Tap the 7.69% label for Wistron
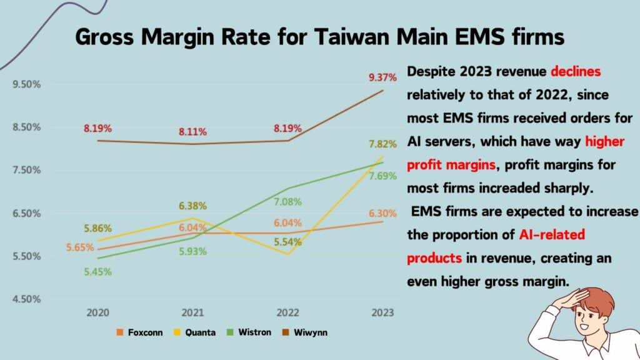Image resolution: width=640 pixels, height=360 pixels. pyautogui.click(x=382, y=176)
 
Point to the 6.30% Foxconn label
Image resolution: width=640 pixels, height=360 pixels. pyautogui.click(x=382, y=213)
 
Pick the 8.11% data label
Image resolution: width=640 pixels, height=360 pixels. pyautogui.click(x=193, y=132)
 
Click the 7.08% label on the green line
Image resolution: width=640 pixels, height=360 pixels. pyautogui.click(x=288, y=202)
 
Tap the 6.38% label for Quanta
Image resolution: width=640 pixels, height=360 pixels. pyautogui.click(x=193, y=206)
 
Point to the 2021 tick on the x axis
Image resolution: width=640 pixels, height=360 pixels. pyautogui.click(x=192, y=311)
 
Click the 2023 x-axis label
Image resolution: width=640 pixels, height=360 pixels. pyautogui.click(x=381, y=311)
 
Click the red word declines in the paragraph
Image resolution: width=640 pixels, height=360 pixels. pyautogui.click(x=576, y=72)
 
